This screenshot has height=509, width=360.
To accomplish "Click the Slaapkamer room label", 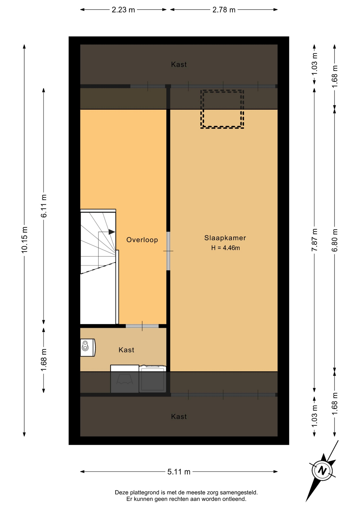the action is click(225, 238).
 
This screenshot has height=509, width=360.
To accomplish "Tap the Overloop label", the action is click(142, 240).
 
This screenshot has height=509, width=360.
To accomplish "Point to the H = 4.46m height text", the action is click(225, 248).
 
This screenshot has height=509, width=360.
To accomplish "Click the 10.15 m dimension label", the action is click(24, 240).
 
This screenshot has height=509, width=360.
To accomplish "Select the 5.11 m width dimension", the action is click(179, 472).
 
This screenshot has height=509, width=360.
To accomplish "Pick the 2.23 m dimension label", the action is click(123, 10).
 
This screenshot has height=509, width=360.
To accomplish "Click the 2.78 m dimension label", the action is click(224, 10).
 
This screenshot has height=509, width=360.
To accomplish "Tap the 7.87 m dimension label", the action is click(314, 240).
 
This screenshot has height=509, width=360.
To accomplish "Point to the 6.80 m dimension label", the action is click(335, 240).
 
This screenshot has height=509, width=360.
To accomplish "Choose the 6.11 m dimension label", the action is click(44, 206).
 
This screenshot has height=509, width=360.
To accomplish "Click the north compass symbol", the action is click(322, 471).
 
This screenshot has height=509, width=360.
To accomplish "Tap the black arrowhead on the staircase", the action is click(112, 232).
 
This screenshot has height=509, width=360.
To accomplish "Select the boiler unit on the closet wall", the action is click(88, 347).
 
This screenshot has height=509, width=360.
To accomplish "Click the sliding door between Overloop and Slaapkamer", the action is click(168, 251).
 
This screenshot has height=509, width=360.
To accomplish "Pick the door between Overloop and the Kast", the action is click(142, 326).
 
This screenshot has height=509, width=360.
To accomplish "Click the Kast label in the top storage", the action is click(179, 64).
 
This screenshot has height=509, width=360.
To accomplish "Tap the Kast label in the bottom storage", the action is click(179, 416).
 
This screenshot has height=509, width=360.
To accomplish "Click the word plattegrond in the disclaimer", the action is click(144, 492).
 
